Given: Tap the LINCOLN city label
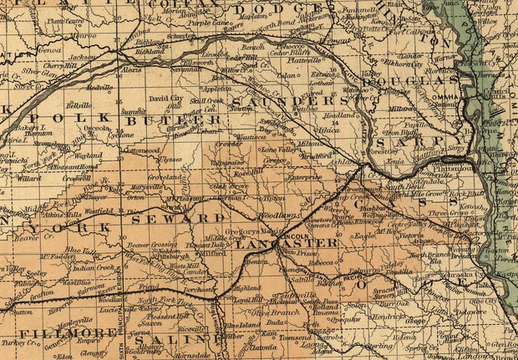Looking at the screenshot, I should pos(297,237).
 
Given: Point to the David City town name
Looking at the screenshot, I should pos(165,99).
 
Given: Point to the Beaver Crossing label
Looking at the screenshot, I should pos(150,244).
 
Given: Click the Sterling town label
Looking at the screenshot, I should pos(378,343).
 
